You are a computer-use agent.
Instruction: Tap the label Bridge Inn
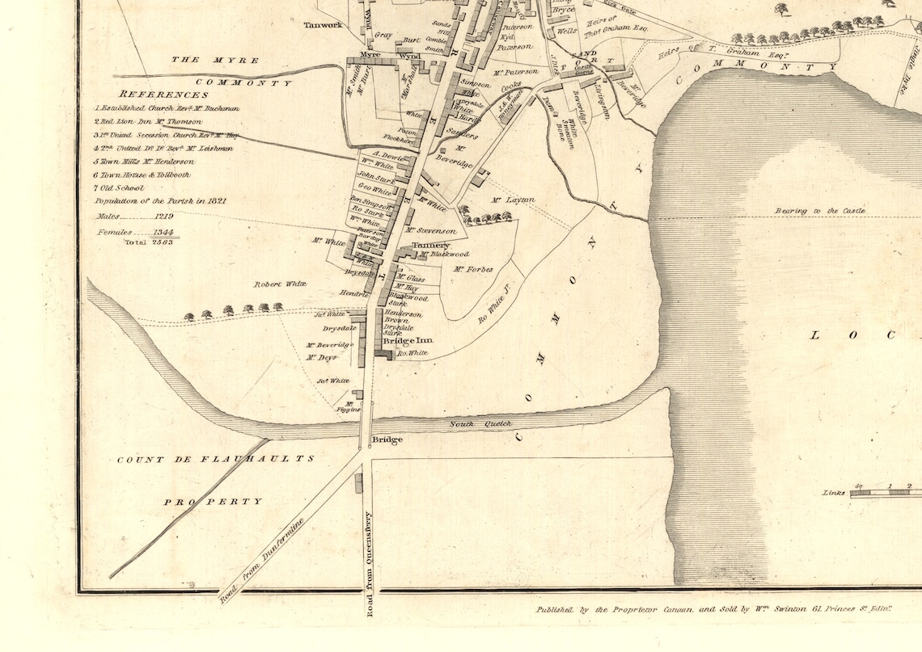408,341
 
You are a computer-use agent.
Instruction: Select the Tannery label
430,245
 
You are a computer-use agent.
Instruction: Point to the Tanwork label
324,25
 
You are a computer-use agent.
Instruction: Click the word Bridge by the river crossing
387,440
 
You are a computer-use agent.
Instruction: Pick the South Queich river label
472,423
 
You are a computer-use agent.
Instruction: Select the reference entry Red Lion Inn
148,121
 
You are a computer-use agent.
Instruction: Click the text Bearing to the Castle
820,211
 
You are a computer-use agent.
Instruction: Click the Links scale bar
886,493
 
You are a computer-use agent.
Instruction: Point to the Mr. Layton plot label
513,200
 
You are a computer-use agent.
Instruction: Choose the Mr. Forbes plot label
473,269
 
